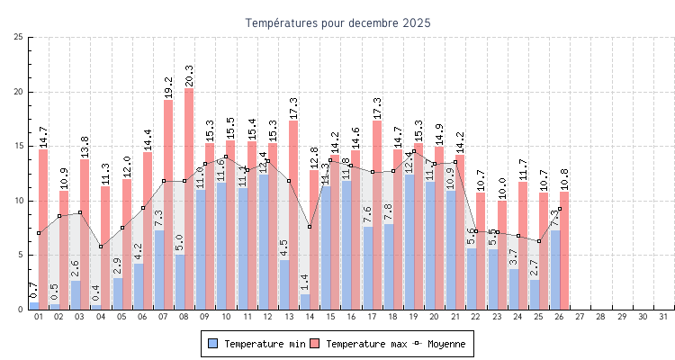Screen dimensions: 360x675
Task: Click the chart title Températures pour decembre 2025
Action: [x=337, y=22]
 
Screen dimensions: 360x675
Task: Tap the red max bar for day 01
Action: [x=43, y=229]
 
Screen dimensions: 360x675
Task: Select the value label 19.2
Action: [x=168, y=85]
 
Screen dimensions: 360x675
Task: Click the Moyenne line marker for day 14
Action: [x=310, y=227]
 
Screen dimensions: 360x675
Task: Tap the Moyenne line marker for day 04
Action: [x=101, y=247]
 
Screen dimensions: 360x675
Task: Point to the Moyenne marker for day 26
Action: [x=560, y=209]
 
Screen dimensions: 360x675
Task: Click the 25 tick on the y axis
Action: [x=19, y=37]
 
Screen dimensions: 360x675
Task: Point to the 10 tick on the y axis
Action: [x=19, y=201]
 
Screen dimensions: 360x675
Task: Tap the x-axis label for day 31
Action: [x=664, y=317]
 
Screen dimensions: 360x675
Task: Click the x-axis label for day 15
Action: [x=330, y=317]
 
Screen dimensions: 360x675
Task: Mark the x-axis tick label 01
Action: [x=39, y=317]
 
